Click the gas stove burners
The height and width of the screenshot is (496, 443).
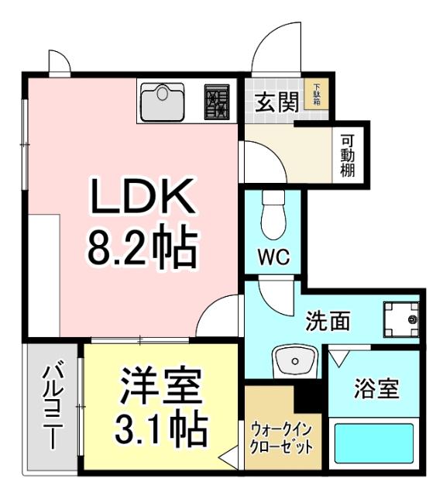tap(217, 101)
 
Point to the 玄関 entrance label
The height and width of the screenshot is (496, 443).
tap(276, 103)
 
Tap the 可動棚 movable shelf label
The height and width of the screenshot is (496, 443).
tap(348, 156)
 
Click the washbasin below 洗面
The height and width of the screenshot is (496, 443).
tap(294, 360)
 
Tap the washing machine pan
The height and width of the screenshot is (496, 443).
tap(400, 319)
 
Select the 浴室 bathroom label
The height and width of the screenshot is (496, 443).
tap(376, 388)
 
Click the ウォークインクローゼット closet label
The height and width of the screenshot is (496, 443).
tap(281, 439)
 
